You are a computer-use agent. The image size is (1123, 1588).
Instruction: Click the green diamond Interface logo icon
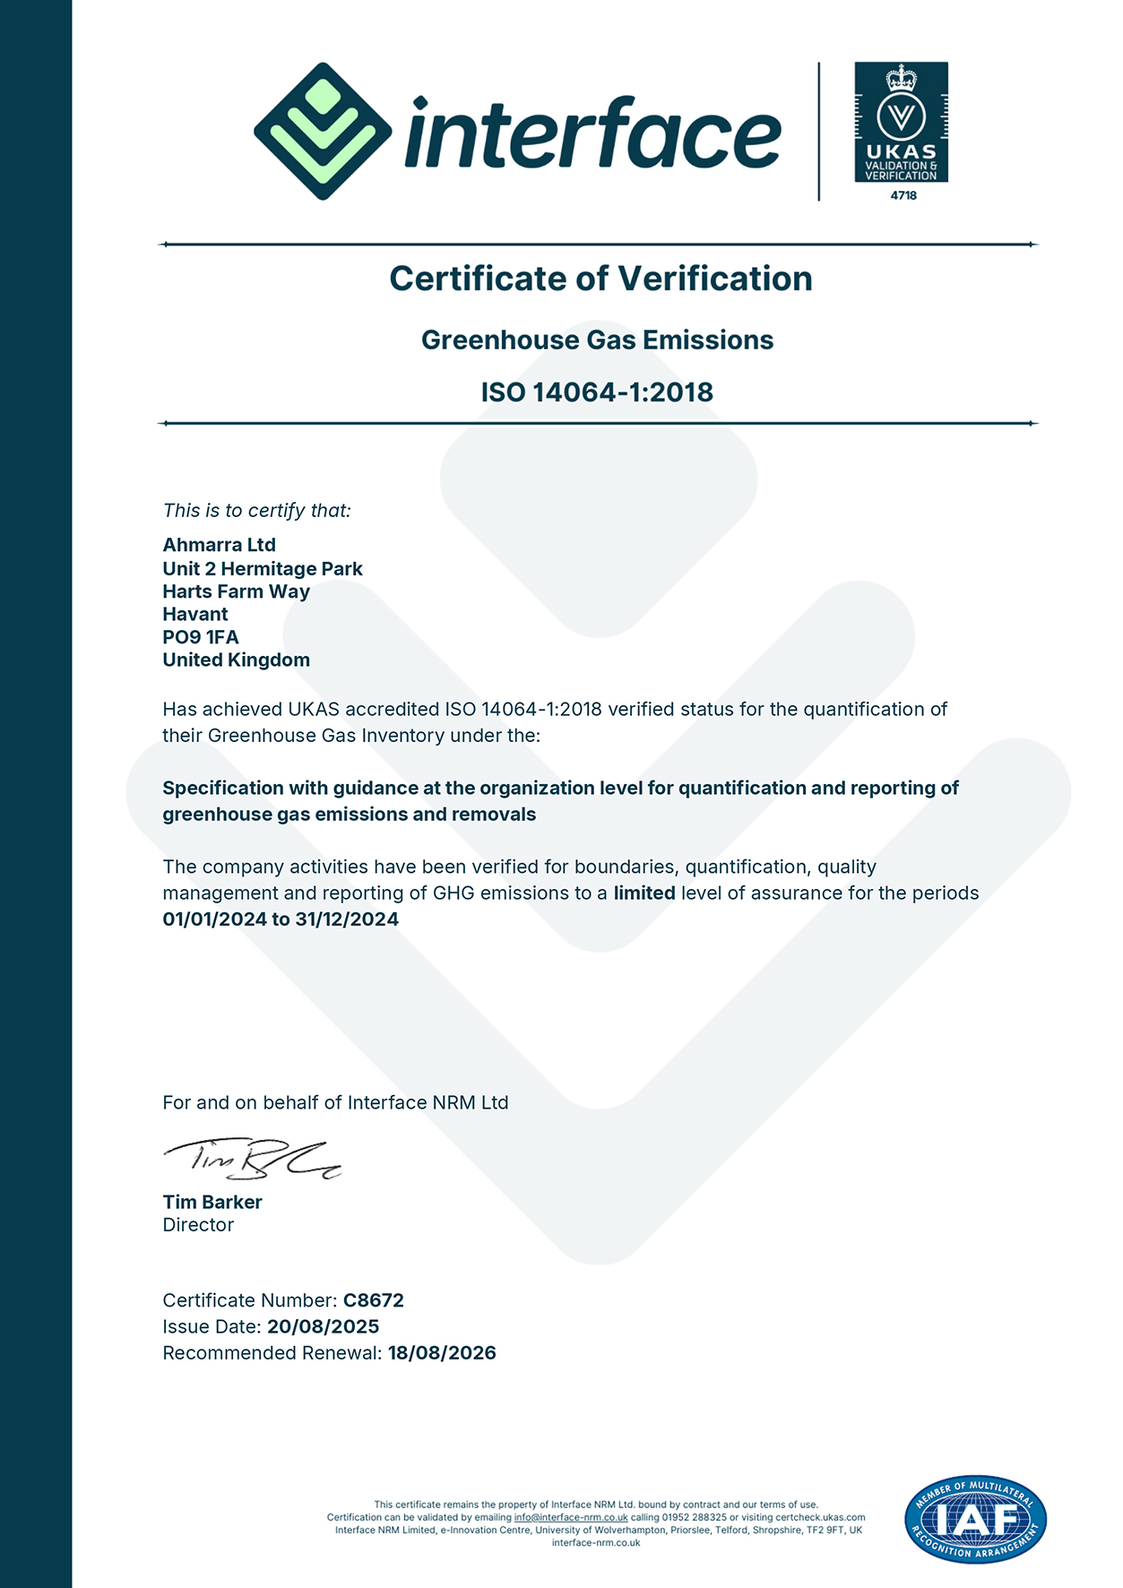pyautogui.click(x=323, y=131)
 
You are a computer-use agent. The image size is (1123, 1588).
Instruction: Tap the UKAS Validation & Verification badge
pyautogui.click(x=901, y=122)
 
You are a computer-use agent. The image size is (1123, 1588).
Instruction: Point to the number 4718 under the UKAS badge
pyautogui.click(x=903, y=195)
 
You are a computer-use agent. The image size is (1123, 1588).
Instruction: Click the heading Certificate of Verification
pyautogui.click(x=600, y=279)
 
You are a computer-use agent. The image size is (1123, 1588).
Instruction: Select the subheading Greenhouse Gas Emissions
pyautogui.click(x=597, y=341)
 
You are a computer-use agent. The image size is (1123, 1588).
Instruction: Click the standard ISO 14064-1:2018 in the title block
pyautogui.click(x=597, y=393)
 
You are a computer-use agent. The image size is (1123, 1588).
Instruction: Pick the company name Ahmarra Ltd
pyautogui.click(x=219, y=545)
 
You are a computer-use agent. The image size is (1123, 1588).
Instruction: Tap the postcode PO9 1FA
pyautogui.click(x=201, y=637)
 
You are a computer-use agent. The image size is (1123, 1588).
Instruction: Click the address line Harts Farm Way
pyautogui.click(x=236, y=591)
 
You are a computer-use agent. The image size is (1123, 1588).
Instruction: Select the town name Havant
pyautogui.click(x=195, y=615)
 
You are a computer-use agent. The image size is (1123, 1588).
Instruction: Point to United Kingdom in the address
pyautogui.click(x=236, y=660)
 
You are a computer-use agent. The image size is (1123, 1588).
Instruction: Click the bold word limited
pyautogui.click(x=644, y=893)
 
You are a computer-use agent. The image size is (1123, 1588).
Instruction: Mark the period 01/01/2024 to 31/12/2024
pyautogui.click(x=281, y=919)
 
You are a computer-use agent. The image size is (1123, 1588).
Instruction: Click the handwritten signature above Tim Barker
pyautogui.click(x=251, y=1159)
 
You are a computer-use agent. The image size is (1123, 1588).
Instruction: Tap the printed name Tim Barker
pyautogui.click(x=212, y=1203)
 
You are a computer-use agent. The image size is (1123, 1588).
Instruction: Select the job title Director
pyautogui.click(x=198, y=1225)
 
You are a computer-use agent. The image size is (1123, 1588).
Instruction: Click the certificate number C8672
pyautogui.click(x=374, y=1300)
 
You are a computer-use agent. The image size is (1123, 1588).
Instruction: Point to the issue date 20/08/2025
pyautogui.click(x=323, y=1327)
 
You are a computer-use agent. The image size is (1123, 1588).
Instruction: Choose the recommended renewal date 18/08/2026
pyautogui.click(x=442, y=1353)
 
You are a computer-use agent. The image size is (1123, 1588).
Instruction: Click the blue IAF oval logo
pyautogui.click(x=975, y=1519)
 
